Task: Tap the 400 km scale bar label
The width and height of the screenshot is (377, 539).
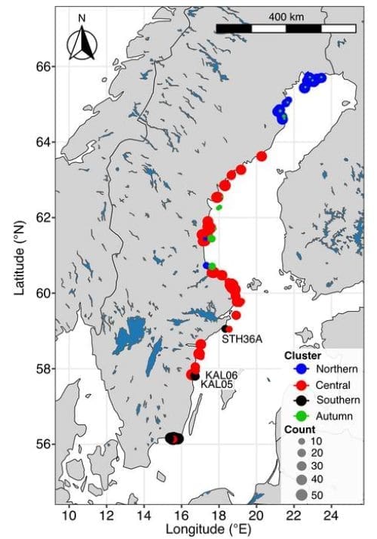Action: pos(286,16)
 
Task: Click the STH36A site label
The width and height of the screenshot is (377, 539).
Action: pos(242,340)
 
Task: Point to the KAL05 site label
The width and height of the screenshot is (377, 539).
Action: pos(217,384)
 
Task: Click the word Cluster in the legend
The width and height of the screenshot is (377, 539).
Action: pos(303,356)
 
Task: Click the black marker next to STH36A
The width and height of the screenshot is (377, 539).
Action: pos(226,328)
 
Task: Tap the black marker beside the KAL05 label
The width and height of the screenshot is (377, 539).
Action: pos(195,376)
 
